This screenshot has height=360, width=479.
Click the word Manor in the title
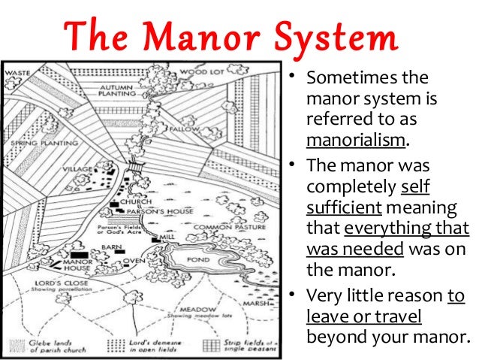click(x=200, y=38)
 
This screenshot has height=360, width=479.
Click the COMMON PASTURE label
click(x=226, y=226)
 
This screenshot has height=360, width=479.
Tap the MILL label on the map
click(x=168, y=237)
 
